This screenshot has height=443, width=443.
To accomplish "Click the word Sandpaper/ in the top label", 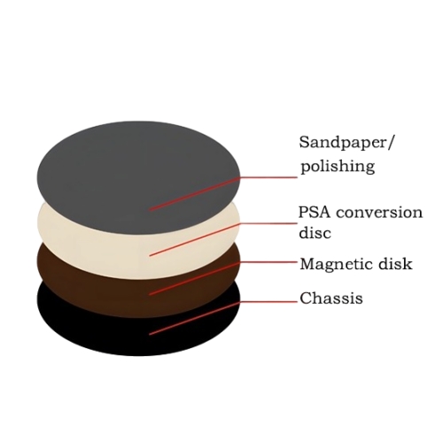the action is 346,143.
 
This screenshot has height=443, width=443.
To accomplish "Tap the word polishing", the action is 338,167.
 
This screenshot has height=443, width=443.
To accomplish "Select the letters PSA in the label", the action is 315,212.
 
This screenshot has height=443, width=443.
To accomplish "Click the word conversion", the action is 380,213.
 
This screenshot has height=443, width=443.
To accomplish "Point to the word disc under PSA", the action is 315,232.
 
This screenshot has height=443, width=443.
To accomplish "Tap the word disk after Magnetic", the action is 396,263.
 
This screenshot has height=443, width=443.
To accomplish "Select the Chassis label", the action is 331,298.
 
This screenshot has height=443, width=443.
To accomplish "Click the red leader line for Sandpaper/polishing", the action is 223,188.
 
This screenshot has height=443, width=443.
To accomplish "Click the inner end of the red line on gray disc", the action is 150,210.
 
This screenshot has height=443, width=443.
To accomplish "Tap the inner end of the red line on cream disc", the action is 150,255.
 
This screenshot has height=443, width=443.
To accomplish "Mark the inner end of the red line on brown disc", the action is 150,294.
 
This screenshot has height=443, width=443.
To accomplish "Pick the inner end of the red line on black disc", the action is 150,334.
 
